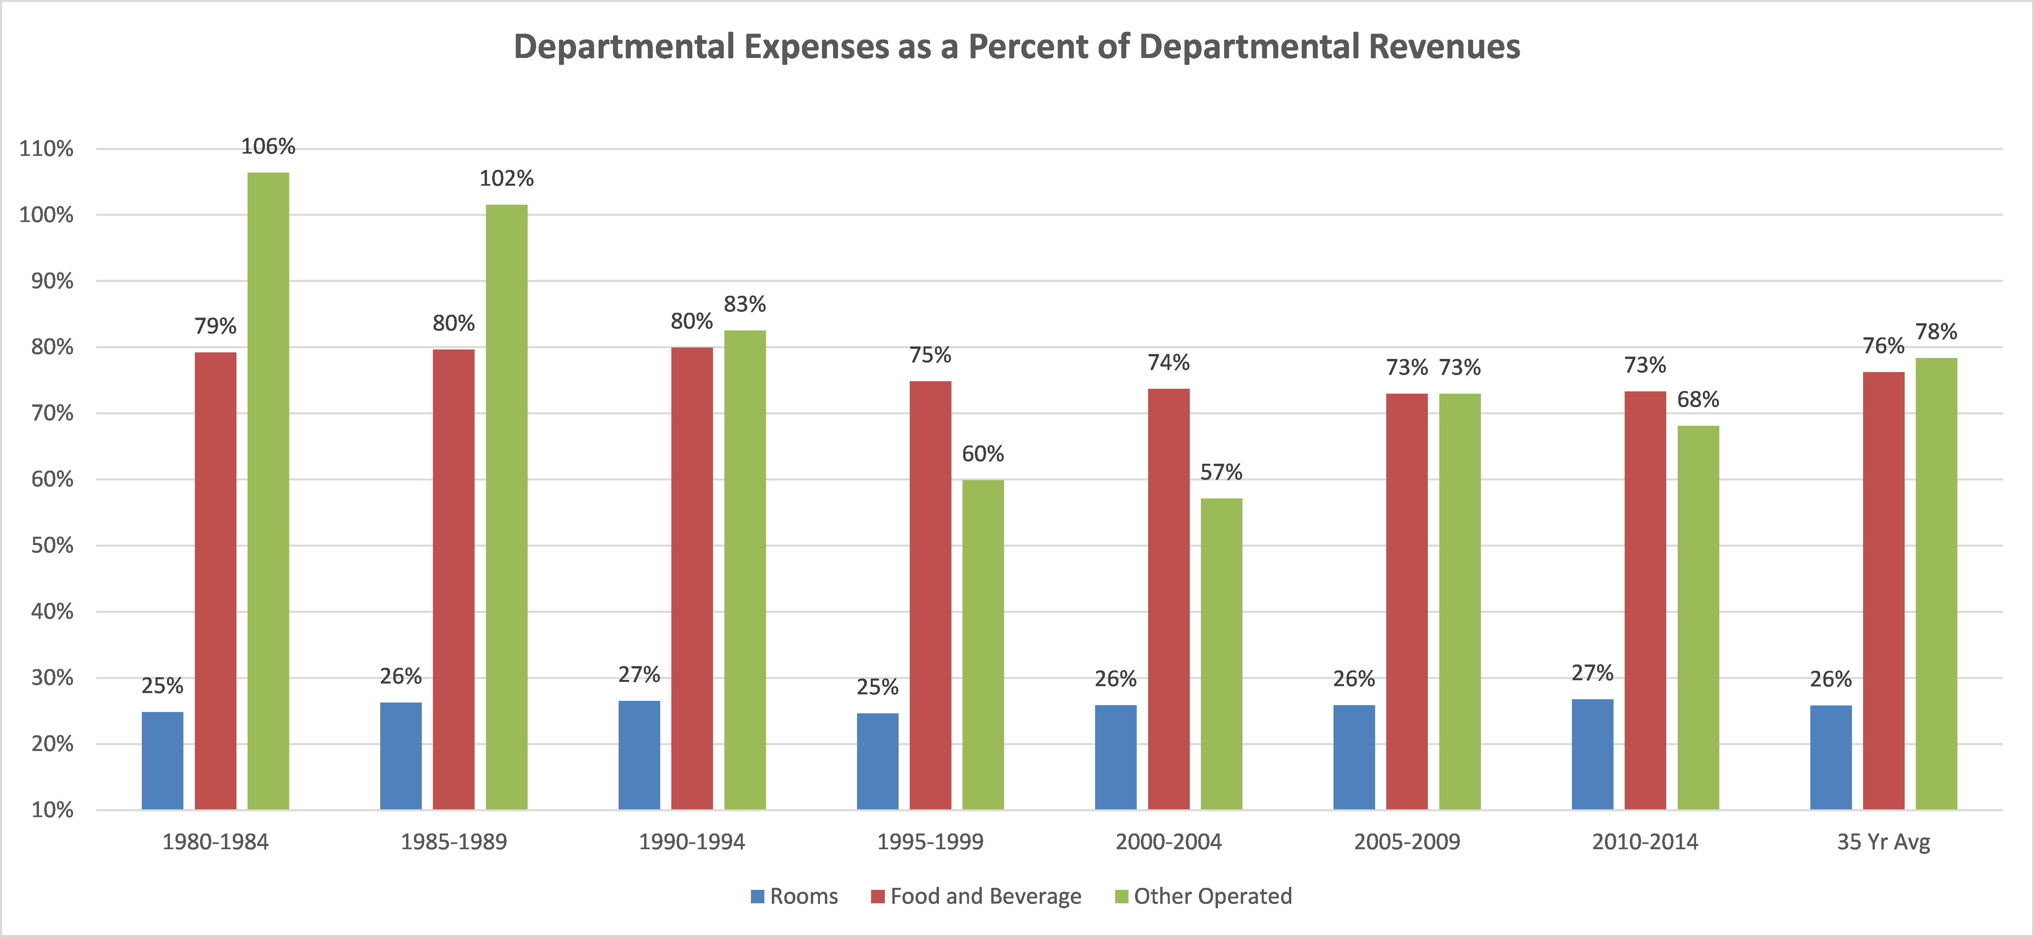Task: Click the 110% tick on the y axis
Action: [x=46, y=148]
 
